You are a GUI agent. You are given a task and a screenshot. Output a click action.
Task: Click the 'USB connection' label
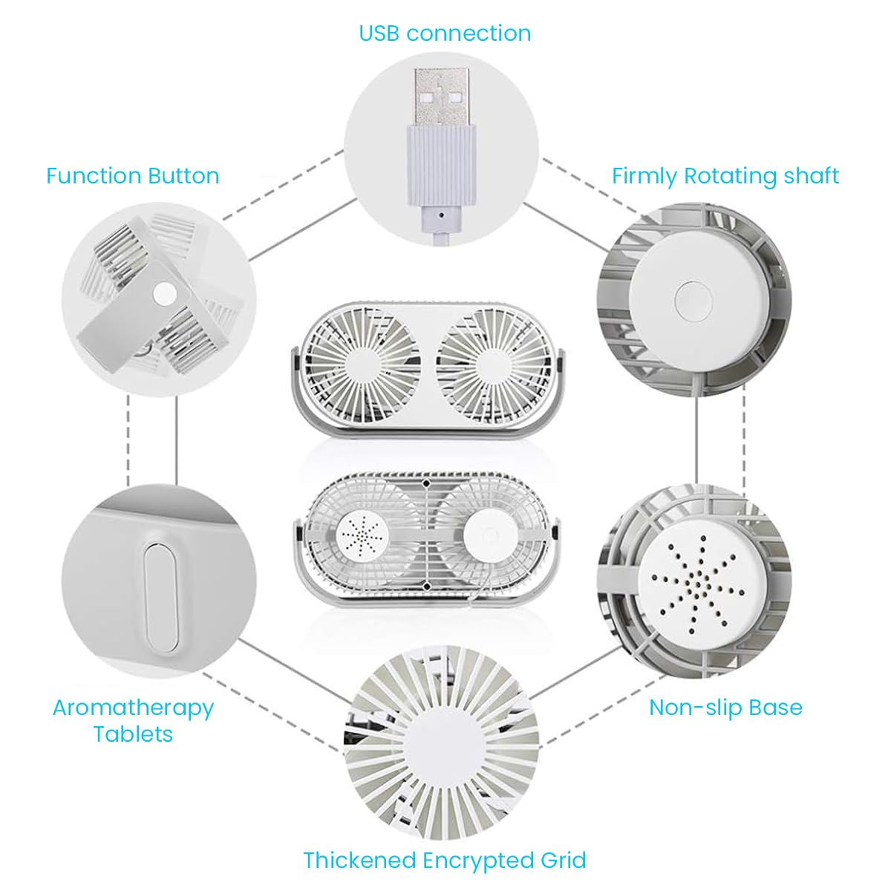click(x=445, y=33)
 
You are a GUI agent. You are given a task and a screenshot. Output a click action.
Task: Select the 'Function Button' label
click(x=133, y=176)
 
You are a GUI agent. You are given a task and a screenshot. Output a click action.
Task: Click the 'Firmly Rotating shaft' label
click(x=725, y=176)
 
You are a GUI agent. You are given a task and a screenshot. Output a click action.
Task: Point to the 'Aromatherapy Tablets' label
click(x=133, y=720)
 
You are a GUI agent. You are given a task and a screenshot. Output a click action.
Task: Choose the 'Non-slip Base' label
click(x=725, y=707)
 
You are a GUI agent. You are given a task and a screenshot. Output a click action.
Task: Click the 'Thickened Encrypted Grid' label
click(x=445, y=861)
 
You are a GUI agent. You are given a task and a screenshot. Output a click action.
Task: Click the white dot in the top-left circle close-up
click(x=161, y=296)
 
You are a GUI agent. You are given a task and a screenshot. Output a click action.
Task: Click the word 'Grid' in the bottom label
click(x=561, y=861)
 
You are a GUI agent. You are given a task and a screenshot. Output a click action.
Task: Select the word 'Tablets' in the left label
click(x=133, y=734)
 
